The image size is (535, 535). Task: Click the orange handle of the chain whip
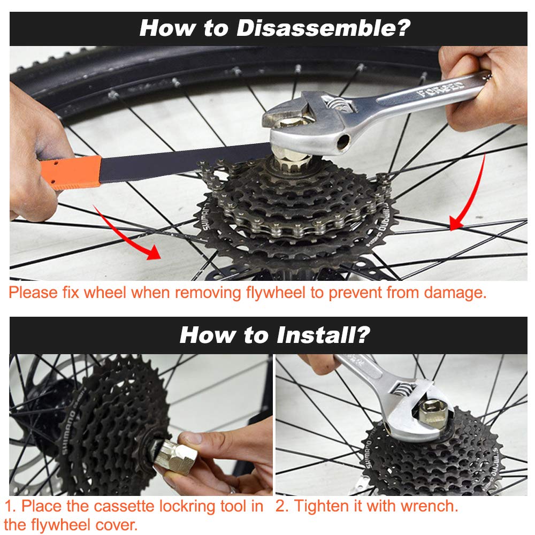tap(71, 172)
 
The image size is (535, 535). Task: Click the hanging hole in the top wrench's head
tap(343, 141)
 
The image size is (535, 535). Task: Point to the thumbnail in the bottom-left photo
tap(192, 438)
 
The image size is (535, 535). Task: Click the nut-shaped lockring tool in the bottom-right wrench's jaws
tap(434, 412)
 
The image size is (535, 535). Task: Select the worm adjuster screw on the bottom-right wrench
tap(403, 389)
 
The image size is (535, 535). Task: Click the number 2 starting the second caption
tap(280, 506)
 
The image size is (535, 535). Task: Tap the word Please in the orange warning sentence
tap(33, 293)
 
